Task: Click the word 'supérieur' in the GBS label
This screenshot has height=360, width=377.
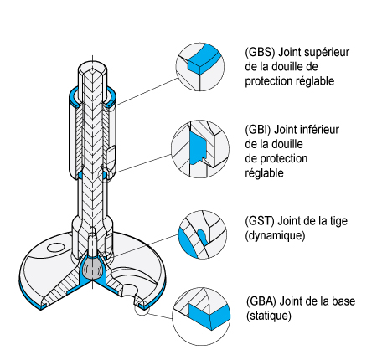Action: point(327,53)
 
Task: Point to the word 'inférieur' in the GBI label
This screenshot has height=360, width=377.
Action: point(318,130)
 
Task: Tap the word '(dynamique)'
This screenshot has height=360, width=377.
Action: point(275,236)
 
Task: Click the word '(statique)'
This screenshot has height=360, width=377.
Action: point(269,316)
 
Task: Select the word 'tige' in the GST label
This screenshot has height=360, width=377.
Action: point(339,222)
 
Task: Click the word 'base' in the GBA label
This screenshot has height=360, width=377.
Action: point(343,301)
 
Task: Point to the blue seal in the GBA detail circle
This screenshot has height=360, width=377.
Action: point(210,316)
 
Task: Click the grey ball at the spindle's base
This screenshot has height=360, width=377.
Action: point(92,267)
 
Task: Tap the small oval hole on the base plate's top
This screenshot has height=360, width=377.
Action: point(55,248)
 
